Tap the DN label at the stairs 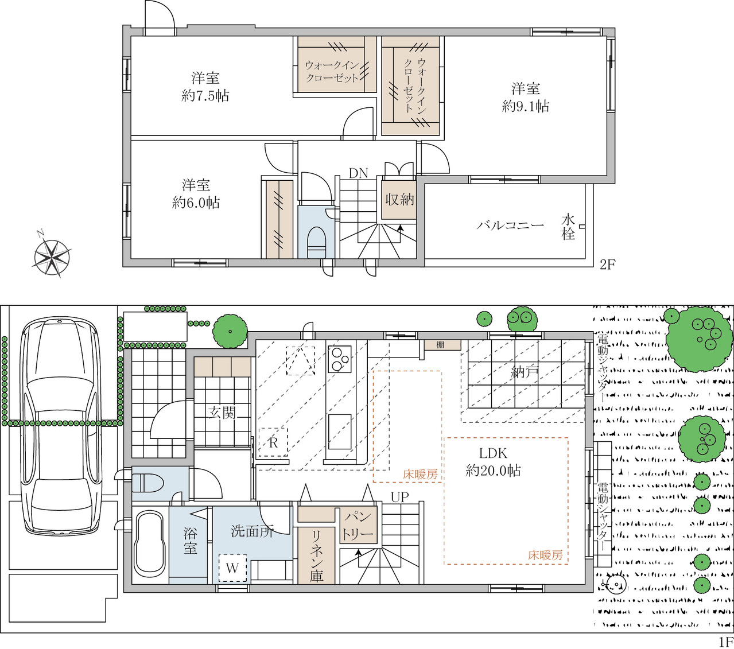358,173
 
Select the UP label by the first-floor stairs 399,497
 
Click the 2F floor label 608,265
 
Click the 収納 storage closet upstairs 398,199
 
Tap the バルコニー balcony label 510,226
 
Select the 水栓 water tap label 568,227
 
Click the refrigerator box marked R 274,442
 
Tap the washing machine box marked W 232,568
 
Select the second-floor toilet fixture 317,242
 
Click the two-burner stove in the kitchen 340,359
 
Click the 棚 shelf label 440,345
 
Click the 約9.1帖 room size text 525,107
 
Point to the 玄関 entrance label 222,413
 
